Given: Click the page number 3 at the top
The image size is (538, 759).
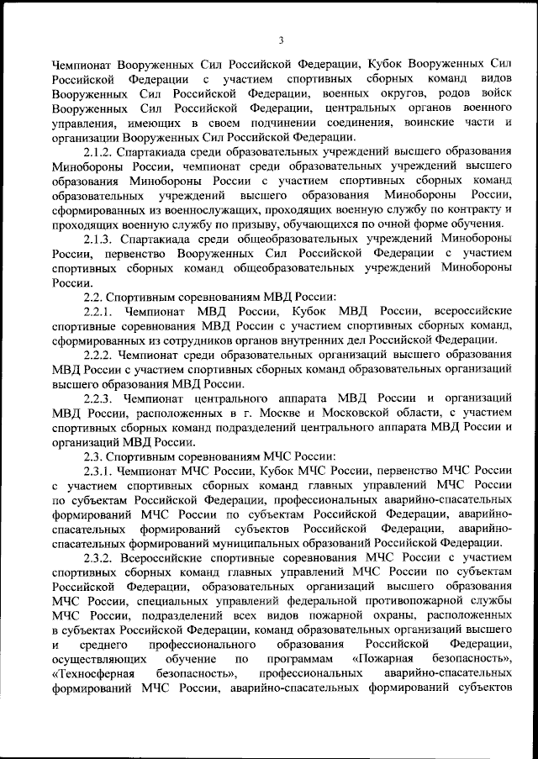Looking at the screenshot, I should [282, 40].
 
